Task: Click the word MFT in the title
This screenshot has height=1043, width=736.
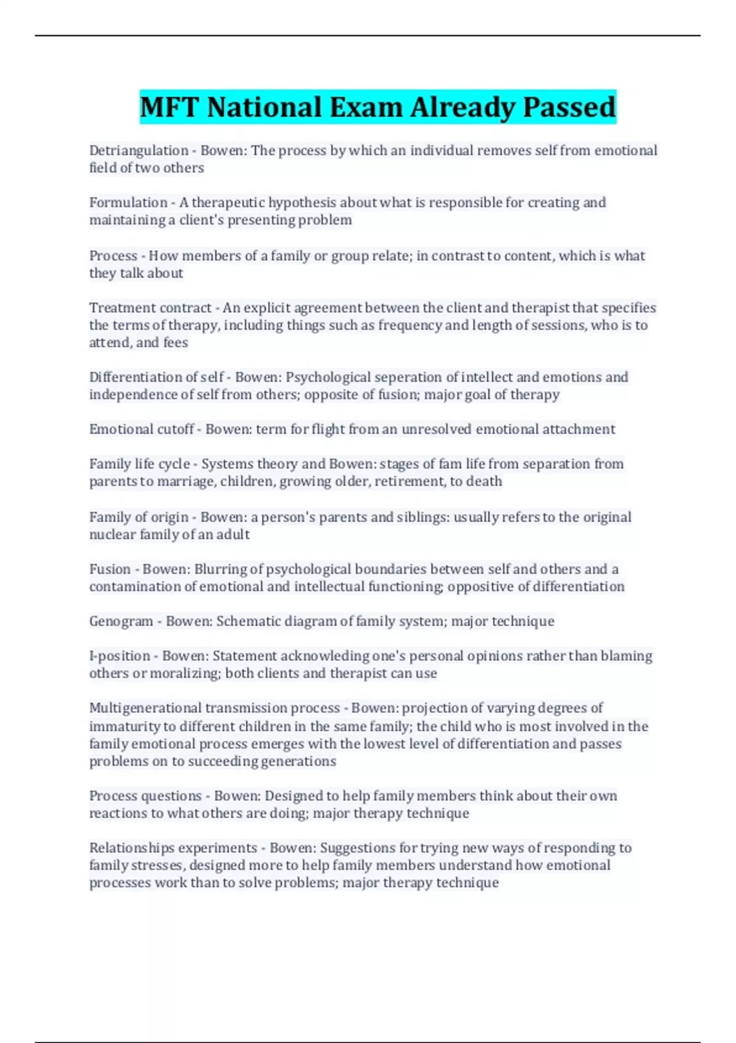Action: [x=170, y=107]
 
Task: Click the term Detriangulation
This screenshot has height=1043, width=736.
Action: [x=139, y=151]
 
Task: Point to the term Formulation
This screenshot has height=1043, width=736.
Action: [x=128, y=203]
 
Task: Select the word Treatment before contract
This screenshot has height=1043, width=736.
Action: [x=119, y=308]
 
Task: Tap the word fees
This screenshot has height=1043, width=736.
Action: [x=175, y=342]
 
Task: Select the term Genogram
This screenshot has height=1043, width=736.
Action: [x=121, y=622]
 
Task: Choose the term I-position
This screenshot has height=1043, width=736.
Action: [x=120, y=656]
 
